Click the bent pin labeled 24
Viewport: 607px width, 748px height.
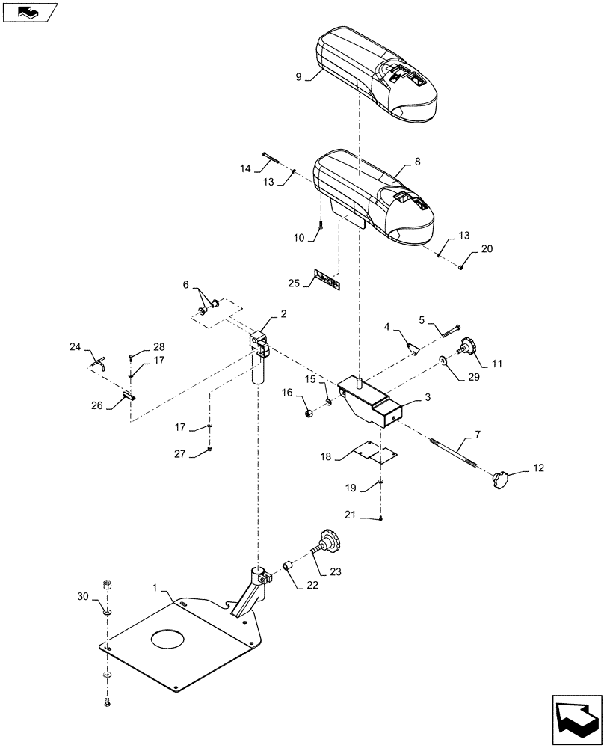click(99, 363)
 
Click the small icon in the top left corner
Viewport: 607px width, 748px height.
click(30, 12)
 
